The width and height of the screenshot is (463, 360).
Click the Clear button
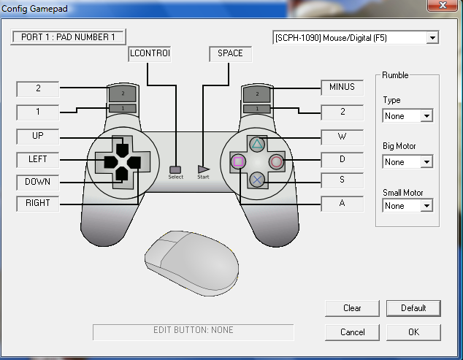tap(352, 308)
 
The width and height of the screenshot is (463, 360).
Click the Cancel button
tap(352, 332)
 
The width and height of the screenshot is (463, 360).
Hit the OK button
tap(413, 332)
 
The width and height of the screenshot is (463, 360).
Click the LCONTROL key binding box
tap(149, 54)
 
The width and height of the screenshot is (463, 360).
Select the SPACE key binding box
tap(230, 54)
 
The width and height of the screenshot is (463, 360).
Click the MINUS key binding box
tap(342, 88)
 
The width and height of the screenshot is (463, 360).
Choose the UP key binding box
tap(38, 137)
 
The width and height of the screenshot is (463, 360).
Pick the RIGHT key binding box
tap(38, 204)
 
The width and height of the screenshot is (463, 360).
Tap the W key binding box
tap(342, 137)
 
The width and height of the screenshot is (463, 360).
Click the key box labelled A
tap(342, 204)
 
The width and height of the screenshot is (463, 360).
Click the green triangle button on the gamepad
tap(257, 144)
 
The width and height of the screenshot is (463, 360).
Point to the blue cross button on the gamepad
tap(257, 179)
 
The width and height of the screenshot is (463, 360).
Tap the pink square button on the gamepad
tap(239, 161)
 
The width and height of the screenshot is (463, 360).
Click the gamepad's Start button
tap(203, 169)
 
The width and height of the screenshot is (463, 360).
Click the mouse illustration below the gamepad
tap(191, 261)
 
